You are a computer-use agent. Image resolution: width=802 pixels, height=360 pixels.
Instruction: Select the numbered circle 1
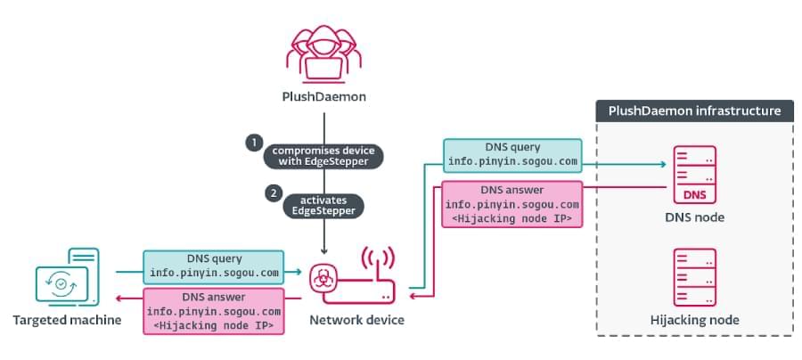[x=254, y=143]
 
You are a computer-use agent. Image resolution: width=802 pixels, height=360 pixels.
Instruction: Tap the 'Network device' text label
[x=356, y=319]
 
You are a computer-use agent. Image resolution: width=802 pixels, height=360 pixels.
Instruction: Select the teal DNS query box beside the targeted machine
[x=214, y=266]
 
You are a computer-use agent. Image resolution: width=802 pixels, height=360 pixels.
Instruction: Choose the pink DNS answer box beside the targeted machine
[x=214, y=311]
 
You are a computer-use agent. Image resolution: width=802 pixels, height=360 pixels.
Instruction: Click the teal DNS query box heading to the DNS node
[x=511, y=156]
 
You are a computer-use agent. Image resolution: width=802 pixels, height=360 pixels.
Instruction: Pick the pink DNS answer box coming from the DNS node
[x=511, y=204]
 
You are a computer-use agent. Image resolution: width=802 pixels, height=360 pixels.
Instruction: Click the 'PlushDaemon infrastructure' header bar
[x=694, y=111]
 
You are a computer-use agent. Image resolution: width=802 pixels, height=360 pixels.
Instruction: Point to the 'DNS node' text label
[x=694, y=217]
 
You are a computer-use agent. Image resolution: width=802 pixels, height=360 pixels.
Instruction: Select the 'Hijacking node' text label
[x=694, y=319]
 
